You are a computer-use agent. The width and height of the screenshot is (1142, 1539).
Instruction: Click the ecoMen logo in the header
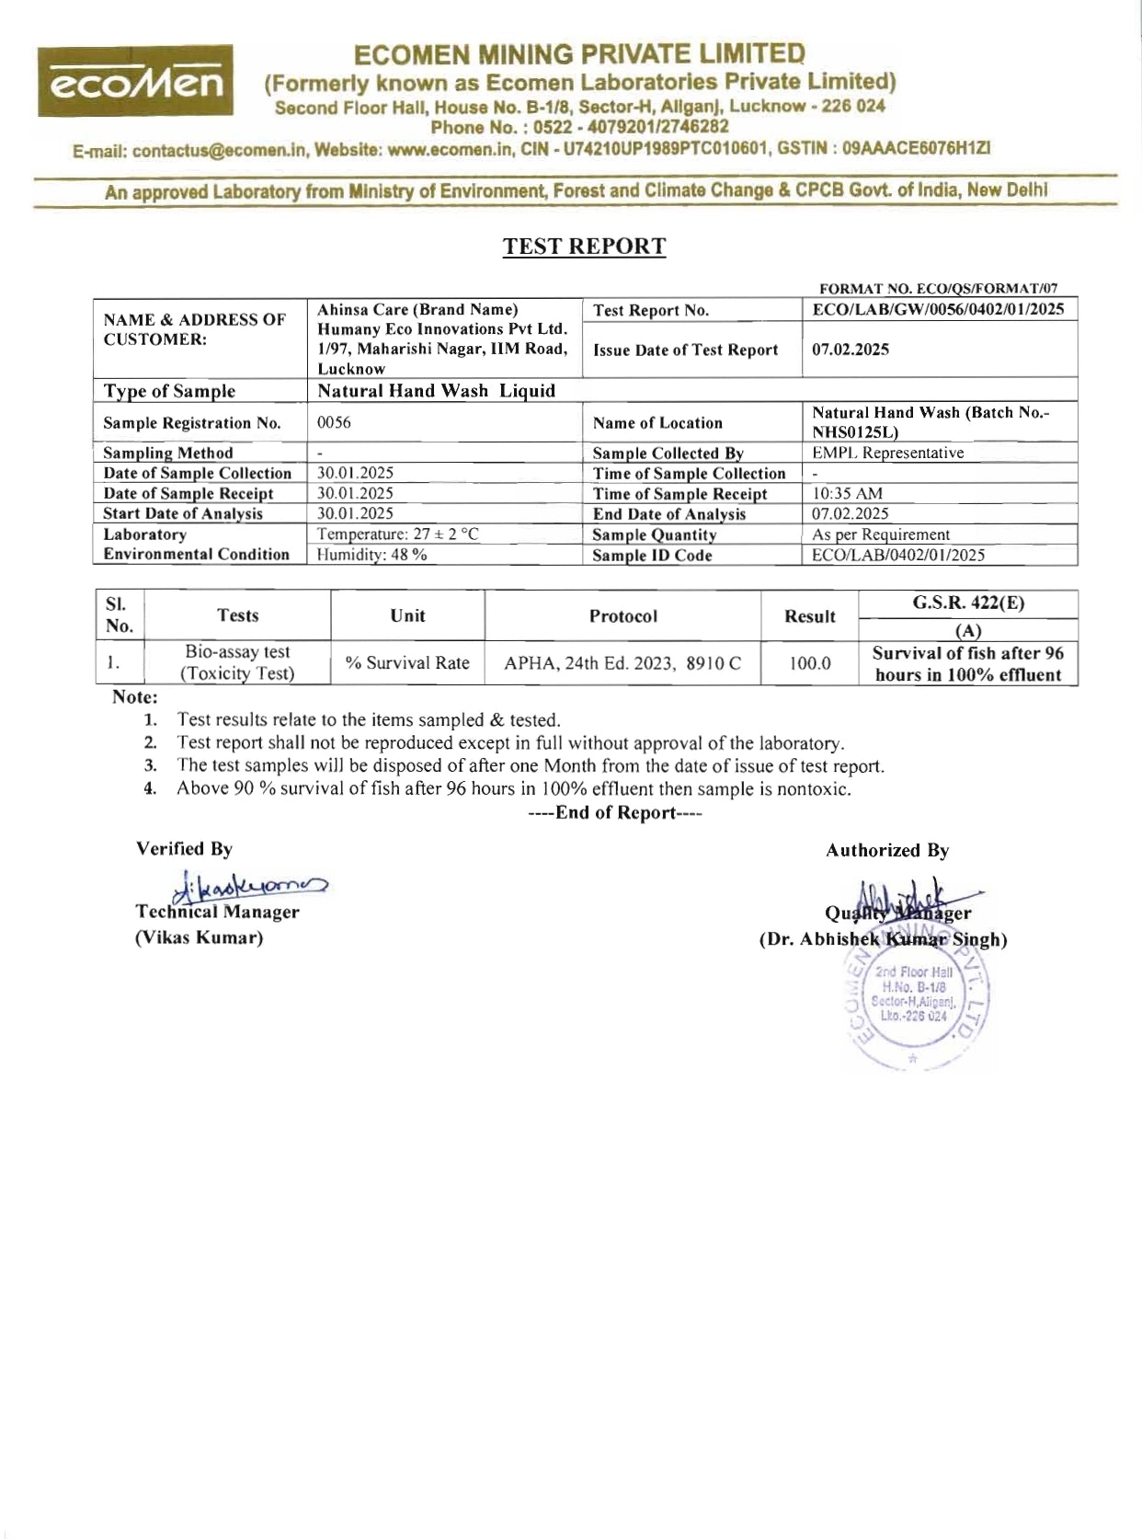(x=134, y=82)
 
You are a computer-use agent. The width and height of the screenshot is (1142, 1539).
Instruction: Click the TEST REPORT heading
(x=584, y=247)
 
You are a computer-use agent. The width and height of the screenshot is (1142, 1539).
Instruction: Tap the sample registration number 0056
(x=334, y=423)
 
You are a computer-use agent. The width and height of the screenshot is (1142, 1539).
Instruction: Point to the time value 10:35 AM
(x=847, y=494)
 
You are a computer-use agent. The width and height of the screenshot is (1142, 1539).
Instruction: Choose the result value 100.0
(x=809, y=663)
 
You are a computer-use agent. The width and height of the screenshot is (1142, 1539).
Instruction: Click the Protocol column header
(x=622, y=616)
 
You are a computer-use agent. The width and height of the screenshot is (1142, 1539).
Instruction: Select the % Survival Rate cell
(x=407, y=663)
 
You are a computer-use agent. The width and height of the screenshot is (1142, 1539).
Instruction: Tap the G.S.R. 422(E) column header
(x=968, y=603)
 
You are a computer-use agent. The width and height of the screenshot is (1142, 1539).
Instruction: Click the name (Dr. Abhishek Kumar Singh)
(x=883, y=940)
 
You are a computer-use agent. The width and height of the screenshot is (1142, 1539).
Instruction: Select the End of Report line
(x=615, y=813)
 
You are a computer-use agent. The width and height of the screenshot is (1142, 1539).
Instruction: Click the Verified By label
(x=184, y=849)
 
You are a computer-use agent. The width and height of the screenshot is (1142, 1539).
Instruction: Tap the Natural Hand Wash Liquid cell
(x=436, y=391)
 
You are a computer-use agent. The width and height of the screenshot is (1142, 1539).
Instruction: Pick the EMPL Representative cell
(x=887, y=453)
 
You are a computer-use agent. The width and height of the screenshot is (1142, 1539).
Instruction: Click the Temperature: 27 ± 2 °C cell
(x=397, y=534)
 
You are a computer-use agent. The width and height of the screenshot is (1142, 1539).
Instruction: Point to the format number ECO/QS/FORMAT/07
(x=937, y=289)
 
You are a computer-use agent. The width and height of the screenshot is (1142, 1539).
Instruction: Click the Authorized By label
(x=886, y=851)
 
